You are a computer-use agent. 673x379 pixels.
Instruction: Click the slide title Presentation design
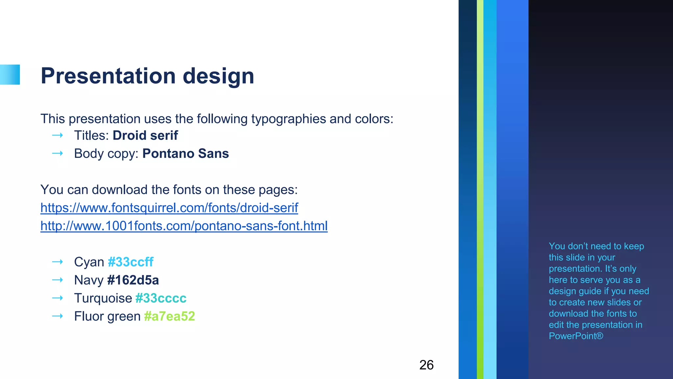tap(147, 76)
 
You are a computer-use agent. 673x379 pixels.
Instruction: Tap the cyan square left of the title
tap(10, 75)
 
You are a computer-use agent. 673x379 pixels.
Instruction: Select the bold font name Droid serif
tap(145, 135)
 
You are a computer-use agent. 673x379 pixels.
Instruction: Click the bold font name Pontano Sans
tap(185, 153)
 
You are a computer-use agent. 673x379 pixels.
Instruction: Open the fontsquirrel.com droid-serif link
tap(169, 208)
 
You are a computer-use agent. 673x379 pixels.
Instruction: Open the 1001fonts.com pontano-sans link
tap(184, 226)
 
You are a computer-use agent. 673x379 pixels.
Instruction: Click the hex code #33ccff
tap(130, 262)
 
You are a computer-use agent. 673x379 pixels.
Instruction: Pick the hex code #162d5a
tap(133, 280)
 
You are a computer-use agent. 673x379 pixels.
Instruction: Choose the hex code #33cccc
tap(161, 298)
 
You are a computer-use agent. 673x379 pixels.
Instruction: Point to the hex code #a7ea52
tap(170, 316)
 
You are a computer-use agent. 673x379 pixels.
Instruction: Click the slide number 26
tap(426, 365)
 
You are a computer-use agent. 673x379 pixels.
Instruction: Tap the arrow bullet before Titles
tap(58, 135)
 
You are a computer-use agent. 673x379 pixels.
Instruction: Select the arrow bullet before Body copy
tap(58, 153)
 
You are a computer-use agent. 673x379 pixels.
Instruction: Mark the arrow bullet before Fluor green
tap(58, 316)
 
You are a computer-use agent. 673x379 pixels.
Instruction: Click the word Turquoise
tap(103, 298)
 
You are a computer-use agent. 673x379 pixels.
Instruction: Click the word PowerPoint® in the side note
tap(576, 336)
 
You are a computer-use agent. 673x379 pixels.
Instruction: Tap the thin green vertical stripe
tap(480, 189)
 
